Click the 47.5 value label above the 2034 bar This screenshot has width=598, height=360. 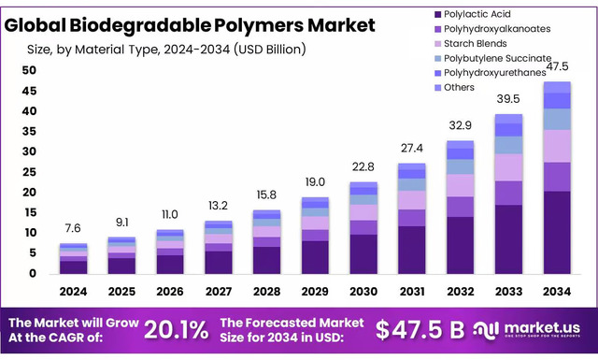[x=558, y=65]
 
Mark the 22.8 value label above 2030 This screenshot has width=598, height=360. [x=363, y=166]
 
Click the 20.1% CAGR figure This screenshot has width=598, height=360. [x=177, y=329]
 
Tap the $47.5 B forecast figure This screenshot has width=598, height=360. [x=420, y=329]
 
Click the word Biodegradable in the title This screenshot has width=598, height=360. [x=135, y=25]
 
